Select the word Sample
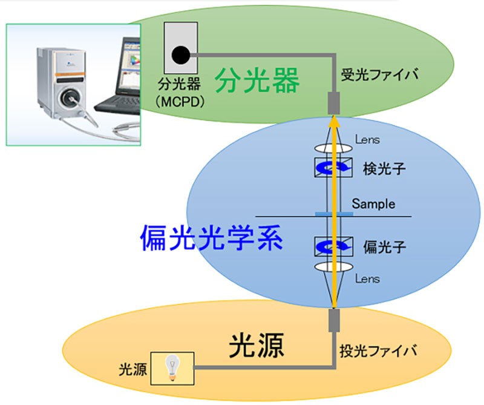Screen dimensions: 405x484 tap(374, 203)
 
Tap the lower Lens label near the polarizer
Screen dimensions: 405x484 tap(368, 279)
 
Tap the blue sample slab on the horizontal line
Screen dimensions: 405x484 tap(334, 214)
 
